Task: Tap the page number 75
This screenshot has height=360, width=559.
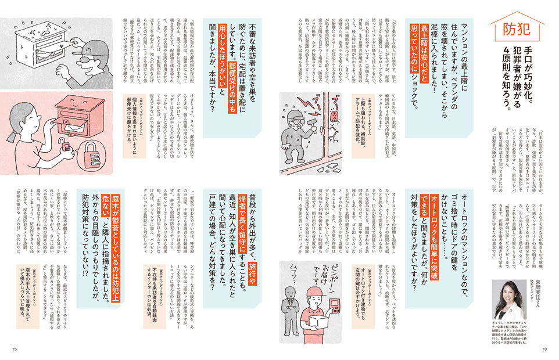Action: coord(16,348)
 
